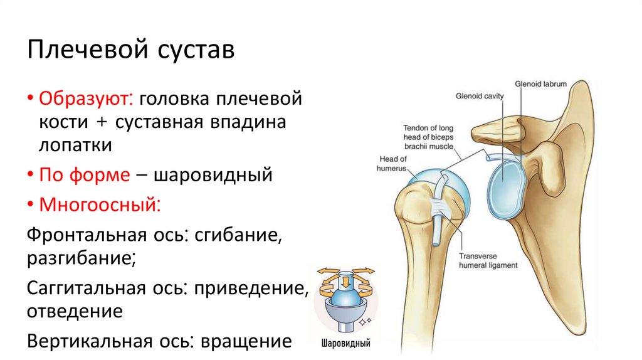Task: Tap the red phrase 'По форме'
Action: tap(84, 174)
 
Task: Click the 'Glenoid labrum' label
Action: tap(540, 83)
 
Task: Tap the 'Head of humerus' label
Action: tap(392, 164)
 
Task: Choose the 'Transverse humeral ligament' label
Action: tap(488, 261)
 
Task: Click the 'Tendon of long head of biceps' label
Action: tap(429, 137)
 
